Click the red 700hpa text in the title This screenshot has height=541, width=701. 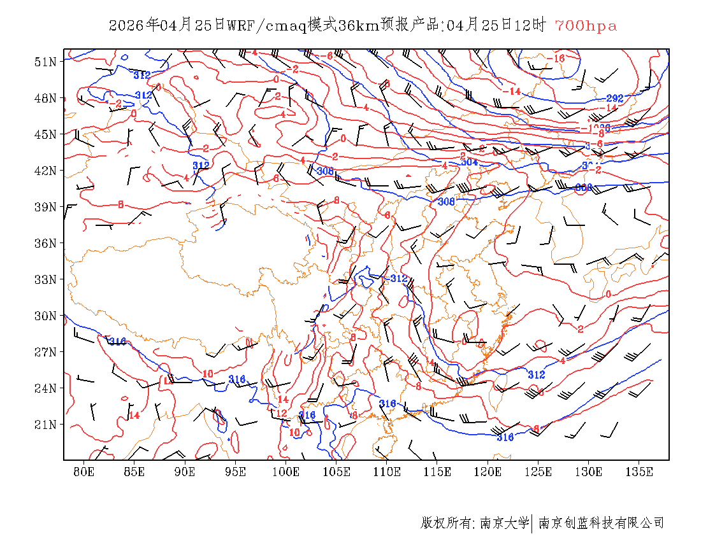(x=586, y=26)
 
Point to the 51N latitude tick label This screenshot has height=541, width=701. (x=46, y=62)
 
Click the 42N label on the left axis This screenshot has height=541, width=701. (x=46, y=171)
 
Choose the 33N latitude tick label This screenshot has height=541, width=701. (x=46, y=279)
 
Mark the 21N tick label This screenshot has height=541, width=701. (x=46, y=425)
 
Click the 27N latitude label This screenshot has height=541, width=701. (x=46, y=352)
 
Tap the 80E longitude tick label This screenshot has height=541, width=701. (x=84, y=472)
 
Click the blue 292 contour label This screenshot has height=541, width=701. (x=614, y=99)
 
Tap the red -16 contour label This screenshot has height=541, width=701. (x=556, y=59)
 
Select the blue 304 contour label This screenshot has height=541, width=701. (x=469, y=162)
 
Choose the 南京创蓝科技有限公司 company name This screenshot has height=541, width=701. (x=602, y=523)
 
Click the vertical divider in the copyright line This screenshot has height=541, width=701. (x=532, y=523)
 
